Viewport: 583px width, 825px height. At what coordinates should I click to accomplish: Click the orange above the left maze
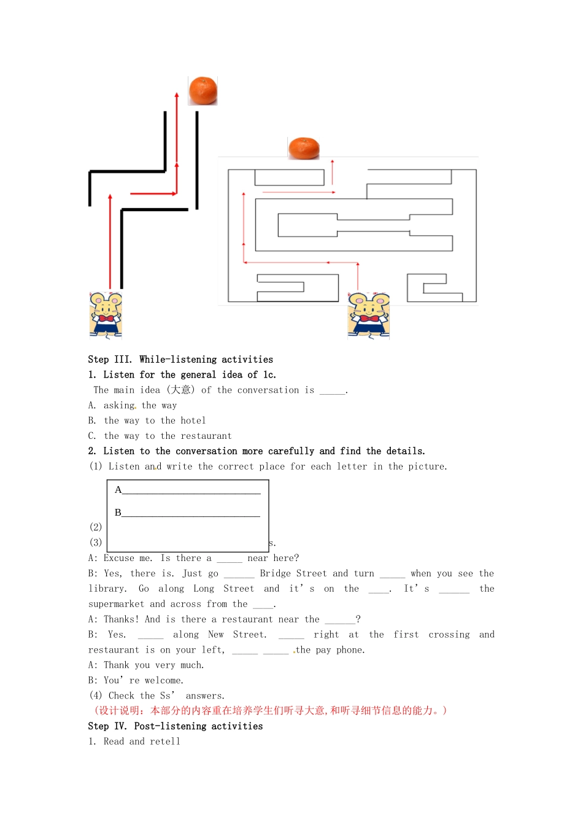click(x=203, y=91)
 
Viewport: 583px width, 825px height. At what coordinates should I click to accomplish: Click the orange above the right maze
click(x=304, y=148)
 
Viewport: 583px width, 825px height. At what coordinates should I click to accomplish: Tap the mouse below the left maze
click(x=106, y=315)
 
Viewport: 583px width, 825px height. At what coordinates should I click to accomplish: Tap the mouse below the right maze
click(x=368, y=315)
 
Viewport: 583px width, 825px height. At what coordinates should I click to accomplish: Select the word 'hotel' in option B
click(x=193, y=420)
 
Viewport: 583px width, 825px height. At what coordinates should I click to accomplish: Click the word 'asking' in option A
click(x=119, y=405)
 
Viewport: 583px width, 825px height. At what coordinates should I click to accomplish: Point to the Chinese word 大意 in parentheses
click(x=180, y=390)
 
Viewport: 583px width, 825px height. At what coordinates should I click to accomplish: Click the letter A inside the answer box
click(x=118, y=490)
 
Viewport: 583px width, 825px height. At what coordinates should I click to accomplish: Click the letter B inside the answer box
click(x=118, y=513)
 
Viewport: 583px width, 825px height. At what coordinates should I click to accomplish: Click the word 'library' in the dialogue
click(x=107, y=589)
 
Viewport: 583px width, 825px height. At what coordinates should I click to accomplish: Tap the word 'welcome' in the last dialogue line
click(x=163, y=681)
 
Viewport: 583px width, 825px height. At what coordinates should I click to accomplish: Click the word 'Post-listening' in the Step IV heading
click(x=170, y=726)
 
